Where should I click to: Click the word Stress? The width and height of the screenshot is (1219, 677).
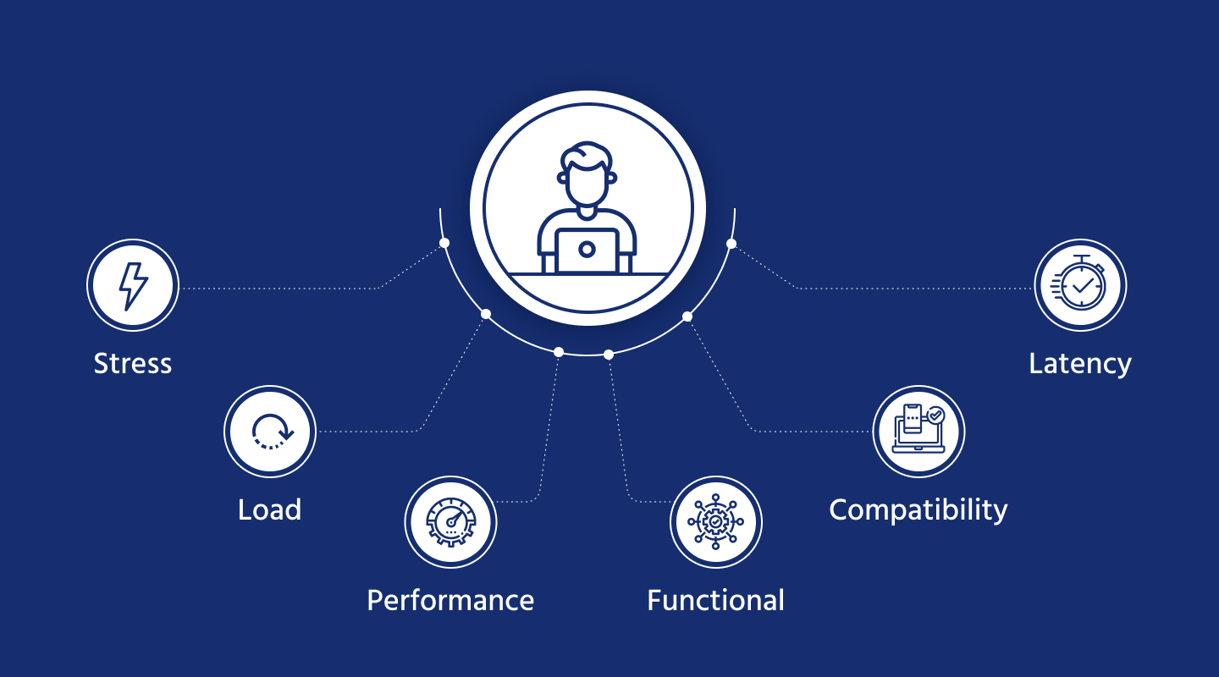coord(133,364)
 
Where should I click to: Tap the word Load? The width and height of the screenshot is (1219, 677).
coord(269,509)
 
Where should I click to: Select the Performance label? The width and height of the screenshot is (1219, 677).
coord(450,600)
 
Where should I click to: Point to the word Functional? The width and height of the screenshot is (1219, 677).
coord(715,600)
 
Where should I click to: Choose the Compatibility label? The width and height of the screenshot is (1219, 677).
coord(918,509)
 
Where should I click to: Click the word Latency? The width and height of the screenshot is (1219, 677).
coord(1080,364)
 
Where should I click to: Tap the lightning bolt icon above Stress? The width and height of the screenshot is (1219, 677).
coord(133,285)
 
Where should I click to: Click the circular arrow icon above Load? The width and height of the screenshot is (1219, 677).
coord(270,432)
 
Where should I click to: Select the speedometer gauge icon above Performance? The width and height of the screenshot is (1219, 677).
coord(450,522)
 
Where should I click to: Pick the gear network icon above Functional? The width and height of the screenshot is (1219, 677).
coord(716,522)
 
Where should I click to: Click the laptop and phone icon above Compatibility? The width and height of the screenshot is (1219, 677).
coord(918,431)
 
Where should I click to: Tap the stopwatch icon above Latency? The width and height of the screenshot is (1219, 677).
coord(1081,284)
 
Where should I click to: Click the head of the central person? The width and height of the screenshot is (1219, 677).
coord(587,173)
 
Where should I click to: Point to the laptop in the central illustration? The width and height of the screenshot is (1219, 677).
coord(587,250)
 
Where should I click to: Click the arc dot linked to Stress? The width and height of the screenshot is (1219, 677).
coord(444,243)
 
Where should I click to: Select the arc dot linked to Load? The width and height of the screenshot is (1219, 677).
coord(486,314)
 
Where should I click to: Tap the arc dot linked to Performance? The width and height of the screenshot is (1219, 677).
coord(559,352)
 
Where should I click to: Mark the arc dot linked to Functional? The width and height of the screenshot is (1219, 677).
coord(609,355)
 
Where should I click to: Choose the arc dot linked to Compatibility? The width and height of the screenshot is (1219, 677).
coord(687,316)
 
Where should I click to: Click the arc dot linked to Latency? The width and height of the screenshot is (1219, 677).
coord(731,244)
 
